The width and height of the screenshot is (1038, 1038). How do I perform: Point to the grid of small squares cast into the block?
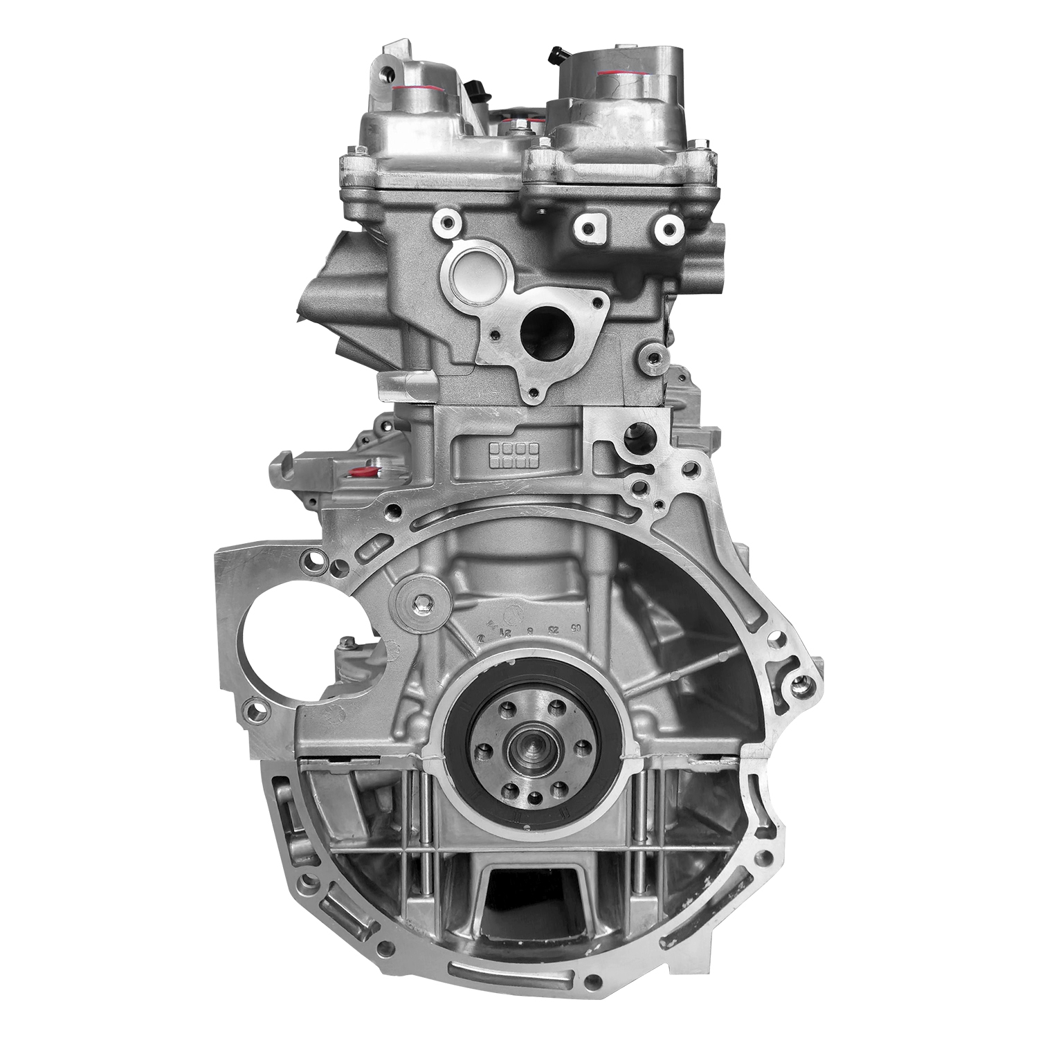[x=513, y=454]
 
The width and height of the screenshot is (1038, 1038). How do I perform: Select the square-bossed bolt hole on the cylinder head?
[x=588, y=228]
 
